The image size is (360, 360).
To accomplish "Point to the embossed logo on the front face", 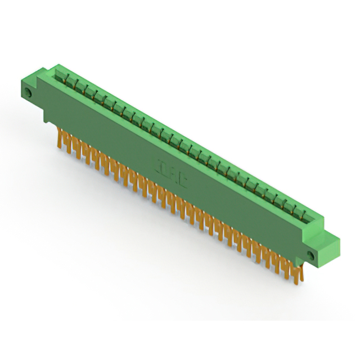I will [x=173, y=174].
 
